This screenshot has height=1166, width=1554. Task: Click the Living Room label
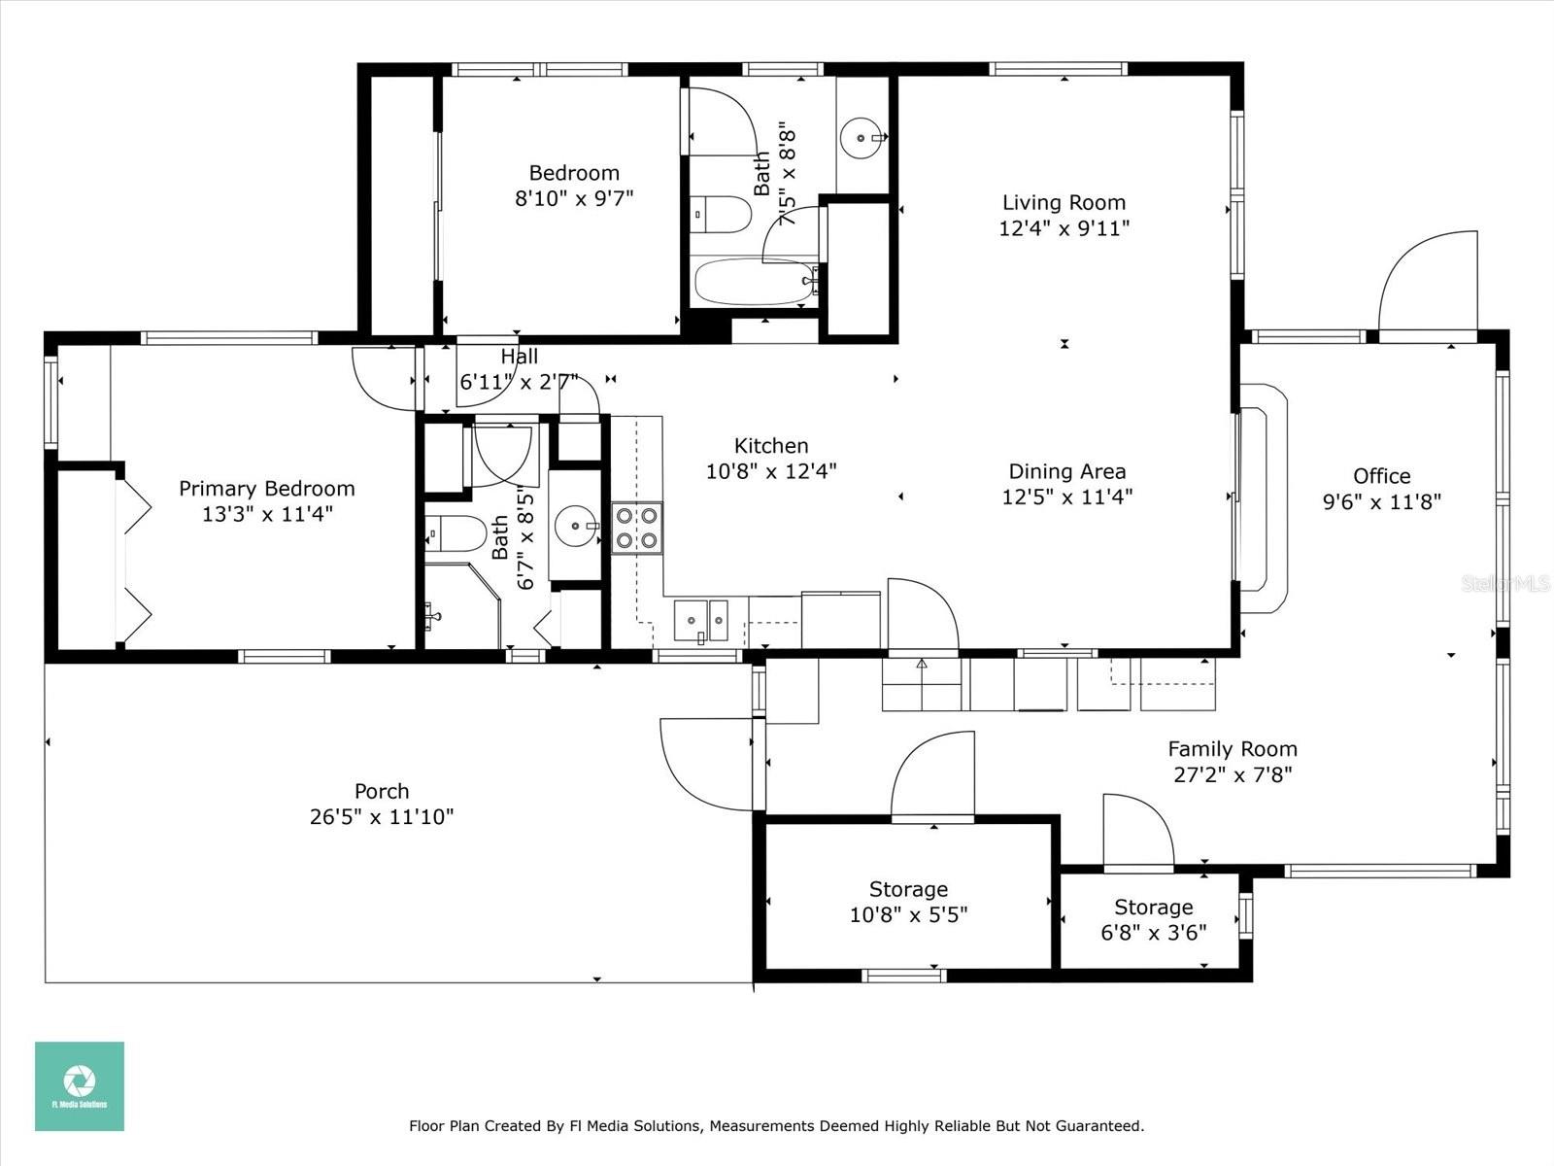coord(1064,202)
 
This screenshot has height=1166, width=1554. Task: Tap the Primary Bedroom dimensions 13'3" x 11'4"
coord(267,514)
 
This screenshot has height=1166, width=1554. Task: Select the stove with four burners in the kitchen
coord(637,529)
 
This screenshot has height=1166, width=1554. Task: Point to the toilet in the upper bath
coord(721,215)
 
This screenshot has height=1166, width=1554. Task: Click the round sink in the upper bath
coord(862,137)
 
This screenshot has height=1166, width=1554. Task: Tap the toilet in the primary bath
coord(456,533)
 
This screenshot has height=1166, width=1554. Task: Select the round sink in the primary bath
coord(576,526)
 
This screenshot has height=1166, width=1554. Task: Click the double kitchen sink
coord(700,620)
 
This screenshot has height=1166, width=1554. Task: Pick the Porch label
coord(382,791)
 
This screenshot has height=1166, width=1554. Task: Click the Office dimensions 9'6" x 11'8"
coord(1381,502)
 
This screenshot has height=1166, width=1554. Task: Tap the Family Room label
coord(1233,748)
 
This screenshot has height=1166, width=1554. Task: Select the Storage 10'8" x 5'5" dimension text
coord(908,914)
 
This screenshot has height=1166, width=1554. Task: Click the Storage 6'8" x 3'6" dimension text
coord(1153,933)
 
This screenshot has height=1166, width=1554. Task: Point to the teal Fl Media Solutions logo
coord(80,1086)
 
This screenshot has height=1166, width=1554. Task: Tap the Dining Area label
coord(1066,471)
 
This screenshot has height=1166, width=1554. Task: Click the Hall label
coord(519,356)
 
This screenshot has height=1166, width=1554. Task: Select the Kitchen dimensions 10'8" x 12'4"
coord(771,471)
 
